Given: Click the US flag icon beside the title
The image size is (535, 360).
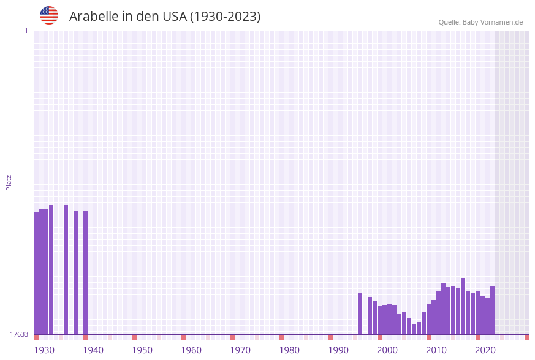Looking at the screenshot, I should (49, 15).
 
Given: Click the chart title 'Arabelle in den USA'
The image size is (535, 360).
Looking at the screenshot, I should (165, 17).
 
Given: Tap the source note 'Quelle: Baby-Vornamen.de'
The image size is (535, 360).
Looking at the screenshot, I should (480, 22).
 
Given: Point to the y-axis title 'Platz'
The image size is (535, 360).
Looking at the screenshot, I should (9, 182).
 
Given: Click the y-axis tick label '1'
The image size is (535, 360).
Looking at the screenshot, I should (26, 31).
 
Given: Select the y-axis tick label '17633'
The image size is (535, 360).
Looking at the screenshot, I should (19, 334).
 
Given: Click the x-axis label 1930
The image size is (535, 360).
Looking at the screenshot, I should (44, 350).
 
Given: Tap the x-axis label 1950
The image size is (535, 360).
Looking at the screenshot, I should (142, 350).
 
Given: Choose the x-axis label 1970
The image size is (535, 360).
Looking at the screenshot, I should (240, 350).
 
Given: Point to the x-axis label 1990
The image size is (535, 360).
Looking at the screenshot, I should (338, 350).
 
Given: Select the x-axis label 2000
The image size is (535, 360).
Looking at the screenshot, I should (387, 350).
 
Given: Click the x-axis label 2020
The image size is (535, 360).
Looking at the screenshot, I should (485, 350).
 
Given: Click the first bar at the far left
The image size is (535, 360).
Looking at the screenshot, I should (36, 273).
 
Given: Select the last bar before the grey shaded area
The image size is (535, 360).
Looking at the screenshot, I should (492, 310).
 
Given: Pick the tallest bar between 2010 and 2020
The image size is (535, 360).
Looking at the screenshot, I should (463, 306).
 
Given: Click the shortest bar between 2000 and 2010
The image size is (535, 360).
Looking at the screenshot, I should (414, 329).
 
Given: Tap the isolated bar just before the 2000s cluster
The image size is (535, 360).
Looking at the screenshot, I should (360, 313).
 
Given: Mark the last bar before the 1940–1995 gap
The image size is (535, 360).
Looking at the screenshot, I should (85, 272).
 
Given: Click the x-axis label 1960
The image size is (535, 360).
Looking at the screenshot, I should (191, 350).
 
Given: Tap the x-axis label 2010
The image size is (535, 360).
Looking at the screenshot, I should (436, 350).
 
